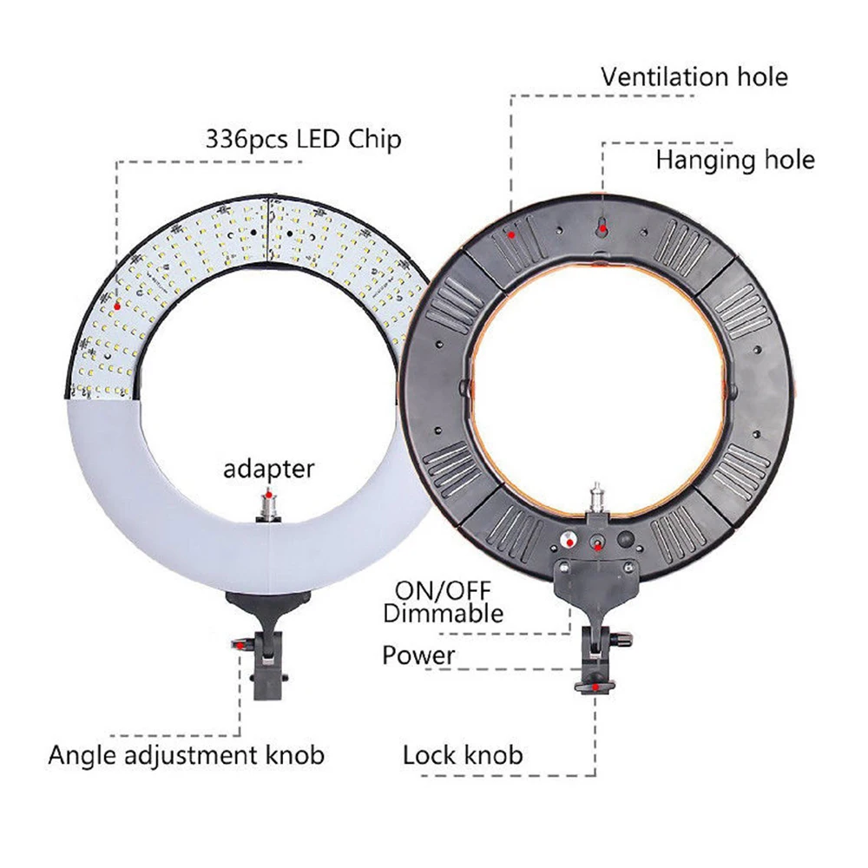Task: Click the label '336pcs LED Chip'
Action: pos(303,139)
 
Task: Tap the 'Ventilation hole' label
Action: pos(694,76)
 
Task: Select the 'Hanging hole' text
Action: pos(735,160)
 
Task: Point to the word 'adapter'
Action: pos(268,470)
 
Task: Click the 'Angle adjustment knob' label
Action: pos(186,755)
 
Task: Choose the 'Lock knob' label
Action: pos(463,755)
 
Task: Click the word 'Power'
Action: pos(418,655)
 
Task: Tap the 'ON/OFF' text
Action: pos(443,590)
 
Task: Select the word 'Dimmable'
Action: pos(443,614)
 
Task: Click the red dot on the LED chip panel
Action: pos(117,306)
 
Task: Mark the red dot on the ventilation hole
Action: pos(511,234)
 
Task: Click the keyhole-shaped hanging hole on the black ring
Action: pos(603,227)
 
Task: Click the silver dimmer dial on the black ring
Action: pos(569,539)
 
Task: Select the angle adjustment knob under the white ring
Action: pos(242,645)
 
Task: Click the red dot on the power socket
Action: pos(598,548)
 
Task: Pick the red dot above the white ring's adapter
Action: pos(269,495)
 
